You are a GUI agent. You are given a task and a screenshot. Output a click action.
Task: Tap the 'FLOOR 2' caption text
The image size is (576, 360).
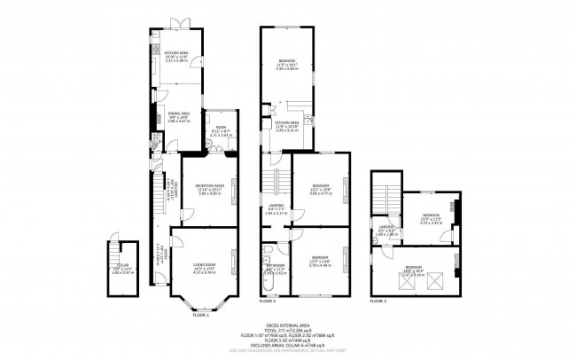[268, 302]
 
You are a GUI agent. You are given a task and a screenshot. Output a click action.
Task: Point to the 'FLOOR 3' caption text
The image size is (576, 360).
[378, 301]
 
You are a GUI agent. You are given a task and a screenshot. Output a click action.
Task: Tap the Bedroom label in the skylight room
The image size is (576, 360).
[414, 268]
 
